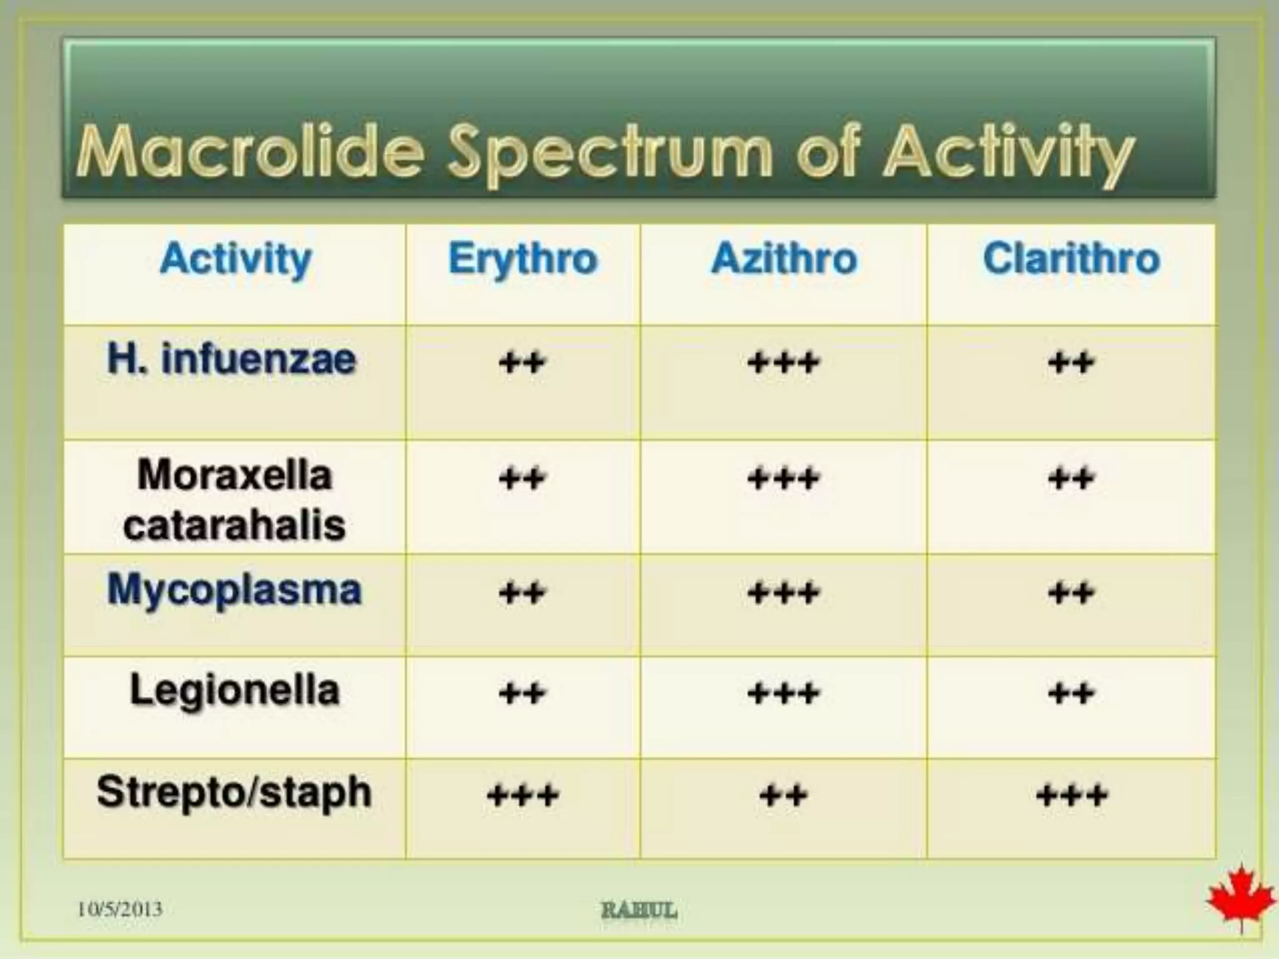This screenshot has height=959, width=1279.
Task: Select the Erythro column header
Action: tap(523, 258)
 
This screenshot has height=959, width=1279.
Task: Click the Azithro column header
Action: tap(784, 258)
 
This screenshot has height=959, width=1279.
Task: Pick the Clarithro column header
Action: tap(1071, 258)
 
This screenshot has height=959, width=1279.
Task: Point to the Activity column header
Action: tap(235, 258)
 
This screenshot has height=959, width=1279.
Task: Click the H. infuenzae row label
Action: tap(232, 360)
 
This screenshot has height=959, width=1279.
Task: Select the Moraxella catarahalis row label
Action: tap(234, 499)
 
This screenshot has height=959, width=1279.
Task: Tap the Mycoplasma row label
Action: tap(234, 589)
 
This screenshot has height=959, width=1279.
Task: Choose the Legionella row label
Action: tap(234, 691)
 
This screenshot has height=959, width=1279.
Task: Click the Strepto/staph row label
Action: tap(234, 792)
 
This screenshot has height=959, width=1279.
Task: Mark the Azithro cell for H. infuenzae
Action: tap(784, 362)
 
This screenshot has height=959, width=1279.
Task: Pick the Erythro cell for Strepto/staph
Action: tap(523, 795)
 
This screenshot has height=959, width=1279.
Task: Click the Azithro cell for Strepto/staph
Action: tap(784, 795)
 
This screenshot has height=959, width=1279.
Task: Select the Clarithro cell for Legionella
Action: tap(1071, 693)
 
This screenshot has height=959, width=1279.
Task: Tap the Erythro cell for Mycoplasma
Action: tap(523, 592)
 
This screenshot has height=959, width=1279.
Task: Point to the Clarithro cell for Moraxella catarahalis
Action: tap(1071, 479)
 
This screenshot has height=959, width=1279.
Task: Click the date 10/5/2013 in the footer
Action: tap(120, 909)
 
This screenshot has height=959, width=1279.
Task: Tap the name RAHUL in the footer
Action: tap(639, 910)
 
